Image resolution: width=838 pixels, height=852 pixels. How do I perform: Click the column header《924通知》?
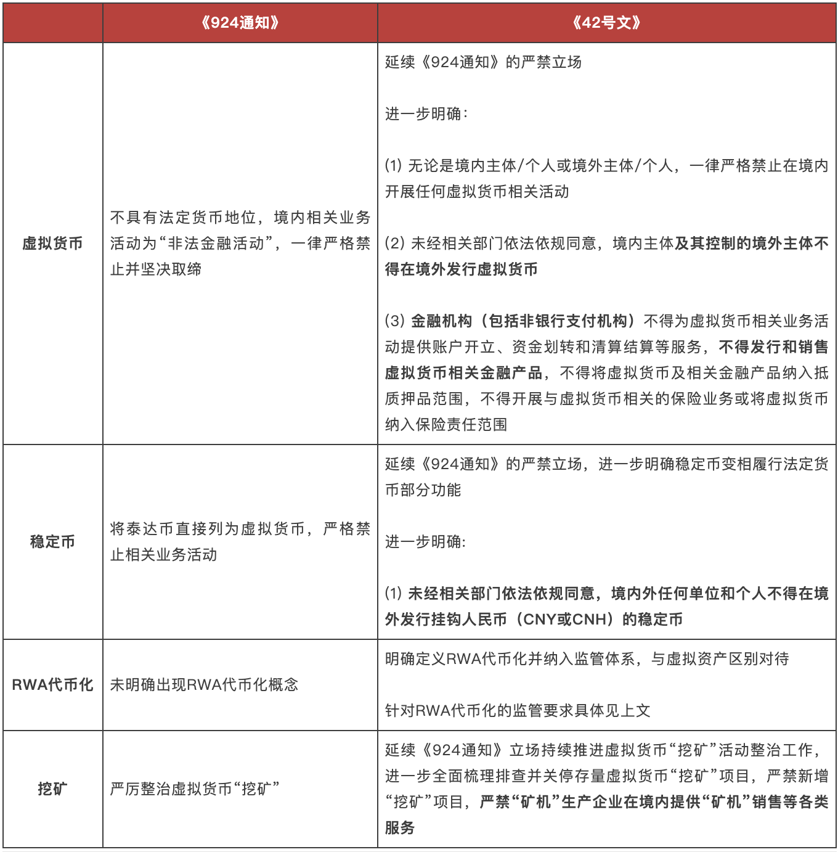pyautogui.click(x=240, y=23)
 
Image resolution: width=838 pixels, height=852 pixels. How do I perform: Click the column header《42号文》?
pyautogui.click(x=606, y=23)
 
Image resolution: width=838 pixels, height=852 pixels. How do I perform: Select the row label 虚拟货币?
pyautogui.click(x=52, y=244)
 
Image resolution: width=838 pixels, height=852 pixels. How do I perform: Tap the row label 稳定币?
pyautogui.click(x=52, y=542)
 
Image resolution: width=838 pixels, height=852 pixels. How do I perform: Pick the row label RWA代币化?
pyautogui.click(x=52, y=685)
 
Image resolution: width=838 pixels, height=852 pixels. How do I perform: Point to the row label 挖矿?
pyautogui.click(x=52, y=789)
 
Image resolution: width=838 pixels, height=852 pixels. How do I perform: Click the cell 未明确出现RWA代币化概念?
pyautogui.click(x=204, y=685)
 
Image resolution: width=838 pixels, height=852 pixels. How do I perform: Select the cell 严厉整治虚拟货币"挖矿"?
pyautogui.click(x=195, y=789)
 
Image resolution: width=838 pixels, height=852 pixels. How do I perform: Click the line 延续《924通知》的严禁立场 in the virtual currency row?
pyautogui.click(x=483, y=62)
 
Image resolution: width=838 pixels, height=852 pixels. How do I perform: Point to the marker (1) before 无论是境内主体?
pyautogui.click(x=393, y=166)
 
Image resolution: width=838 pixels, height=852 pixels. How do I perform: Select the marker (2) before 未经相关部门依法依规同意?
pyautogui.click(x=394, y=244)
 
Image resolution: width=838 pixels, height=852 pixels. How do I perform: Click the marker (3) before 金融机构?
pyautogui.click(x=394, y=321)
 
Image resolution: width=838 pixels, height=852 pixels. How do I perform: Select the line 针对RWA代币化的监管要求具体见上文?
pyautogui.click(x=518, y=711)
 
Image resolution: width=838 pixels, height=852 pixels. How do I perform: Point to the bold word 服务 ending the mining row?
pyautogui.click(x=400, y=828)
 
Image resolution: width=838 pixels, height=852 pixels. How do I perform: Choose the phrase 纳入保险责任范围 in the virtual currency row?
pyautogui.click(x=446, y=425)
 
